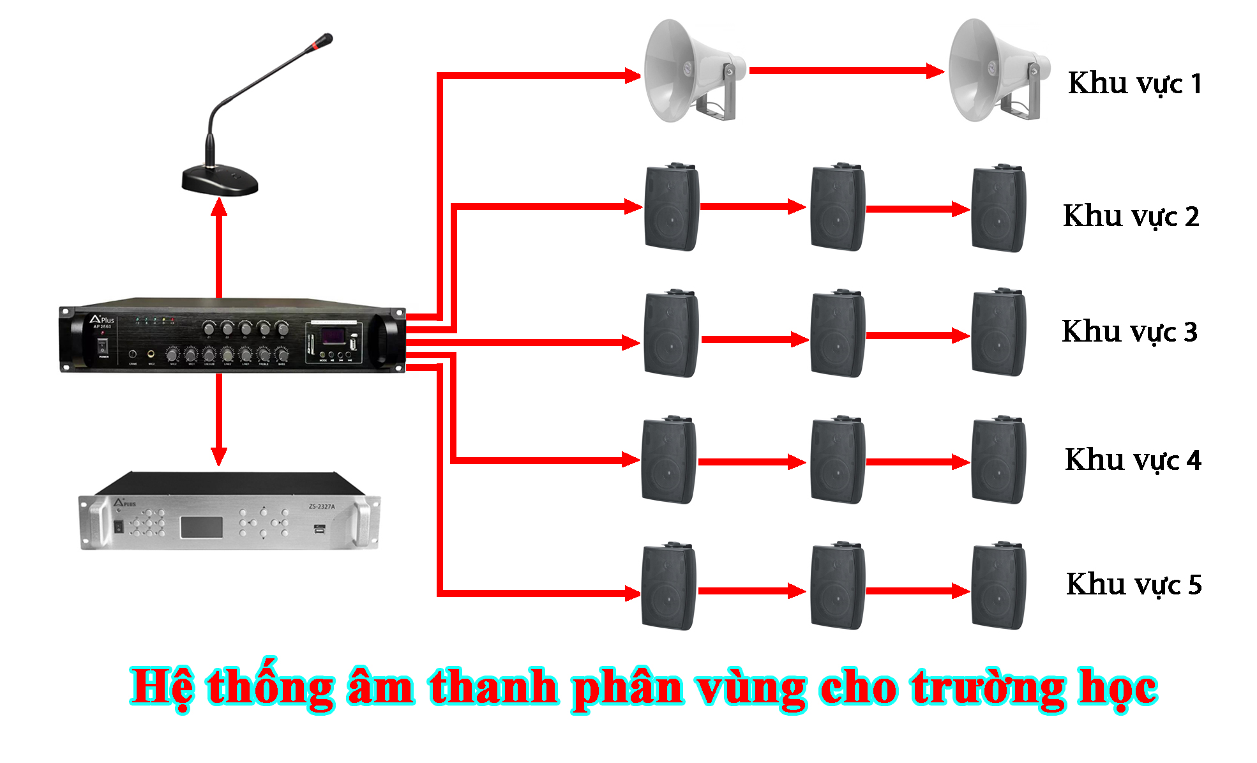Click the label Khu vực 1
pyautogui.click(x=1134, y=84)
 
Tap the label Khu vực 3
pyautogui.click(x=1129, y=332)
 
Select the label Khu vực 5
pyautogui.click(x=1134, y=585)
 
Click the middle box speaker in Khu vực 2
pyautogui.click(x=837, y=207)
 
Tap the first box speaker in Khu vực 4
pyautogui.click(x=668, y=460)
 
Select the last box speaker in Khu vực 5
pyautogui.click(x=998, y=586)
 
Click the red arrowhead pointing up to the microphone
pyautogui.click(x=219, y=207)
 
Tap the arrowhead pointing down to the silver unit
pyautogui.click(x=219, y=455)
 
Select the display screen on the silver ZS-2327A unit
pyautogui.click(x=201, y=527)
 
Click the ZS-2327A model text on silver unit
pyautogui.click(x=321, y=507)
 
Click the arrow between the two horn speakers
pyautogui.click(x=846, y=71)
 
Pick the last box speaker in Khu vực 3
pyautogui.click(x=998, y=333)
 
